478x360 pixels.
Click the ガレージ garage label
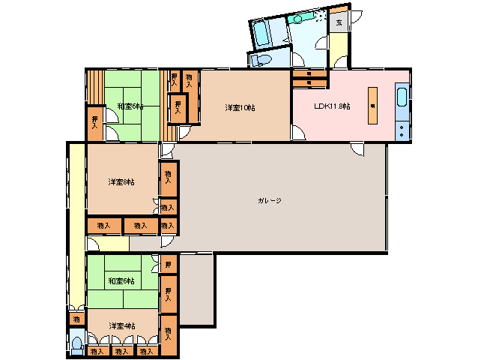point(269,201)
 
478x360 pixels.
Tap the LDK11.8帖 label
point(332,106)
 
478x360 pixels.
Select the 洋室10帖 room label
point(240,108)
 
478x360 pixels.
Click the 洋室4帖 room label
point(121,325)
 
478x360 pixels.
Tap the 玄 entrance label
point(339,22)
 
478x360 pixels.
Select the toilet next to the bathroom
point(261,59)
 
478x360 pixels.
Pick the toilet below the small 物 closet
point(77,344)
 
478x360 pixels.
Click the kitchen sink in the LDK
point(402,98)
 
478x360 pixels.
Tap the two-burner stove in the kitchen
point(402,130)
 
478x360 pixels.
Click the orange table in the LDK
point(372,105)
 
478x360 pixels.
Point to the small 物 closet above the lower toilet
point(77,319)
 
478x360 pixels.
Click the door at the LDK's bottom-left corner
point(298,135)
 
